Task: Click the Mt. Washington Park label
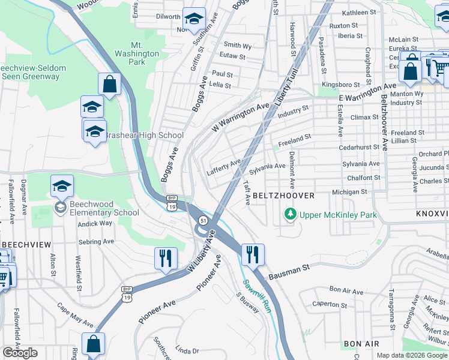[145, 53]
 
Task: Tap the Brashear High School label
[143, 135]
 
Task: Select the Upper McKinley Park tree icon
[291, 214]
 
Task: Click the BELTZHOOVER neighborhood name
[283, 196]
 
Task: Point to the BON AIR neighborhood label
[361, 344]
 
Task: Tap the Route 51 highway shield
[204, 220]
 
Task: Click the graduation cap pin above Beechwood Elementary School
[62, 186]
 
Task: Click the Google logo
[20, 353]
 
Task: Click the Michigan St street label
[349, 192]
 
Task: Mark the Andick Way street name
[95, 223]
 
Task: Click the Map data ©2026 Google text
[411, 355]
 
